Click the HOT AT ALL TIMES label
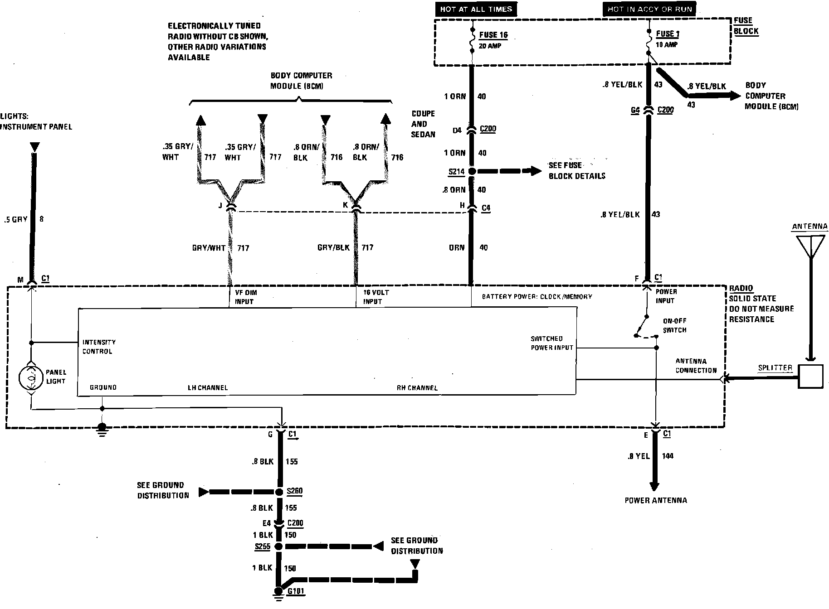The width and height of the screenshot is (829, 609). point(476,9)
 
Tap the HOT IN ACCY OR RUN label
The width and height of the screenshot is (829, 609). point(649,9)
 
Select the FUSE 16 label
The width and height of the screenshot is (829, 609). point(493,35)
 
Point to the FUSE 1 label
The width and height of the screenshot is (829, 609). point(668,34)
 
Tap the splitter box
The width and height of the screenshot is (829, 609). point(810,377)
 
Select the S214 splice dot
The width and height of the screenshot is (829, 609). point(472,171)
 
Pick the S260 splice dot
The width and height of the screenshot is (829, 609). point(279,492)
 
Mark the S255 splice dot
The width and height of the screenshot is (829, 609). point(278,546)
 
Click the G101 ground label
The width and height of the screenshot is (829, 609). point(296,591)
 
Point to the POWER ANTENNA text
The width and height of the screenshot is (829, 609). point(655,500)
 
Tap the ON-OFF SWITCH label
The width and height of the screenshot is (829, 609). point(674,325)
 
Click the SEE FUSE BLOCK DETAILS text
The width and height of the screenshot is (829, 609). point(576,171)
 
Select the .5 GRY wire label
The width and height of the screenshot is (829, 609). point(15,219)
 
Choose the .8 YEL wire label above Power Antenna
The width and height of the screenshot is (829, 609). point(639,456)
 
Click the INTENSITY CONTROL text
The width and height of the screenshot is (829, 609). point(99,347)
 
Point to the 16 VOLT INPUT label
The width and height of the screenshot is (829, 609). point(375,297)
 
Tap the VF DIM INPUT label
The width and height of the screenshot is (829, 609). point(245,297)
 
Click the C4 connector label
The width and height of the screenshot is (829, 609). point(486,208)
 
